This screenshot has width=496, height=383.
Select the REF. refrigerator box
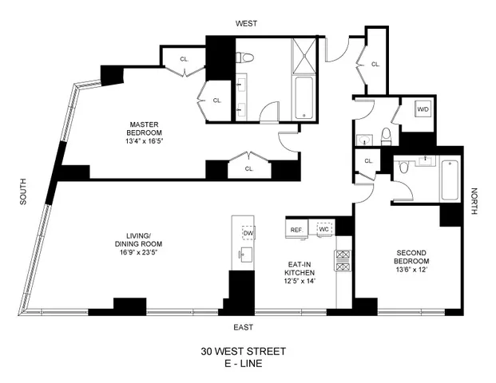pyautogui.click(x=296, y=230)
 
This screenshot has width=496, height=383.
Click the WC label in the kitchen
pyautogui.click(x=324, y=230)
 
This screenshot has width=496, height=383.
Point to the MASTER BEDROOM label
pyautogui.click(x=147, y=128)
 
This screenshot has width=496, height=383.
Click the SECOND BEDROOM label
pyautogui.click(x=413, y=256)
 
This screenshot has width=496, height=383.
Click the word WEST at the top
pyautogui.click(x=246, y=25)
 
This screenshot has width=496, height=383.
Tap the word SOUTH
pyautogui.click(x=22, y=192)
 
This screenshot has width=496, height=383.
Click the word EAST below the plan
pyautogui.click(x=244, y=327)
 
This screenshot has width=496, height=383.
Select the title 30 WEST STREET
pyautogui.click(x=244, y=351)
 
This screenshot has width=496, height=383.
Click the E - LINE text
pyautogui.click(x=244, y=364)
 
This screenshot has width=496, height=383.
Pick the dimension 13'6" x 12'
pyautogui.click(x=413, y=270)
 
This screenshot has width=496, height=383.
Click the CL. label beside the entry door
pyautogui.click(x=374, y=64)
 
